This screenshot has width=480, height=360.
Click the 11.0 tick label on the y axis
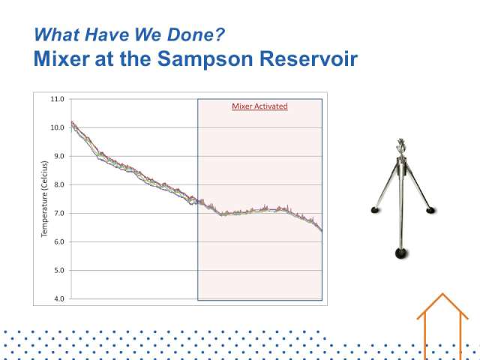[57, 99]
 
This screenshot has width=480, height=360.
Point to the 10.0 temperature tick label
[57, 127]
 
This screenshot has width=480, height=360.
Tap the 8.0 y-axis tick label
[59, 184]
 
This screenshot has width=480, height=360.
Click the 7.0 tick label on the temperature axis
[59, 213]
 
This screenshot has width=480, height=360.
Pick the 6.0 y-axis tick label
[59, 241]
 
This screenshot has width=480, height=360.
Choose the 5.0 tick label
[59, 270]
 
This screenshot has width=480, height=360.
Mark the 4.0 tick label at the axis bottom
[59, 298]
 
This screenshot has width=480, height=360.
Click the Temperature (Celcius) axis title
[45, 199]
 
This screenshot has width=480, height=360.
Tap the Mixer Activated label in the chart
[260, 106]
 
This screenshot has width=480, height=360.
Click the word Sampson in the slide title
[205, 59]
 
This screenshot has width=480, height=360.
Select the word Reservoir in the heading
[308, 58]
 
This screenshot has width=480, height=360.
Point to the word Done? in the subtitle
[196, 34]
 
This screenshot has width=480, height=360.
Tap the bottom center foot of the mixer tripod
[401, 253]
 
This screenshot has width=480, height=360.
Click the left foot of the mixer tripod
[375, 210]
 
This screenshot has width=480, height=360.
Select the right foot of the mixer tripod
[430, 210]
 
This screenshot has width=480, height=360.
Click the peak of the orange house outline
[442, 294]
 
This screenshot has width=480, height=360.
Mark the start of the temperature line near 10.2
[72, 121]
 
